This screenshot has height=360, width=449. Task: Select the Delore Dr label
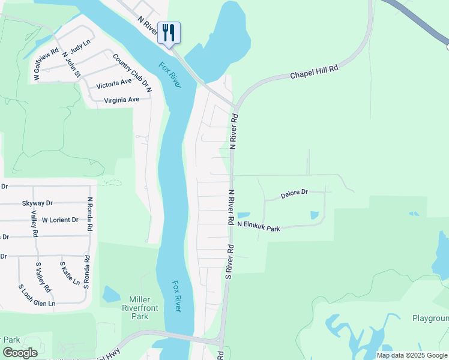pyautogui.click(x=294, y=194)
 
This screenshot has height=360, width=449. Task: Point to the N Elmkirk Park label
pyautogui.click(x=259, y=227)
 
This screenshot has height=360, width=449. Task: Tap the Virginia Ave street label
pyautogui.click(x=121, y=100)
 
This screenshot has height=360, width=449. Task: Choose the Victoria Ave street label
pyautogui.click(x=113, y=82)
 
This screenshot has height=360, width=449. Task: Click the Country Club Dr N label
pyautogui.click(x=133, y=73)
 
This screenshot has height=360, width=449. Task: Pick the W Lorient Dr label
pyautogui.click(x=60, y=220)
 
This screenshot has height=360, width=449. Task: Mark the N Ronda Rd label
pyautogui.click(x=90, y=215)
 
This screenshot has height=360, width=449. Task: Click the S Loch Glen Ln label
pyautogui.click(x=37, y=304)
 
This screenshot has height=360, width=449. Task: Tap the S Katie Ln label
pyautogui.click(x=64, y=273)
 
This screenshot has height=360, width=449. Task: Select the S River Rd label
pyautogui.click(x=229, y=261)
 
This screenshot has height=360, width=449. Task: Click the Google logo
pyautogui.click(x=20, y=353)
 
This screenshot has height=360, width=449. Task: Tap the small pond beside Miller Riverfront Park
pyautogui.click(x=111, y=294)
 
